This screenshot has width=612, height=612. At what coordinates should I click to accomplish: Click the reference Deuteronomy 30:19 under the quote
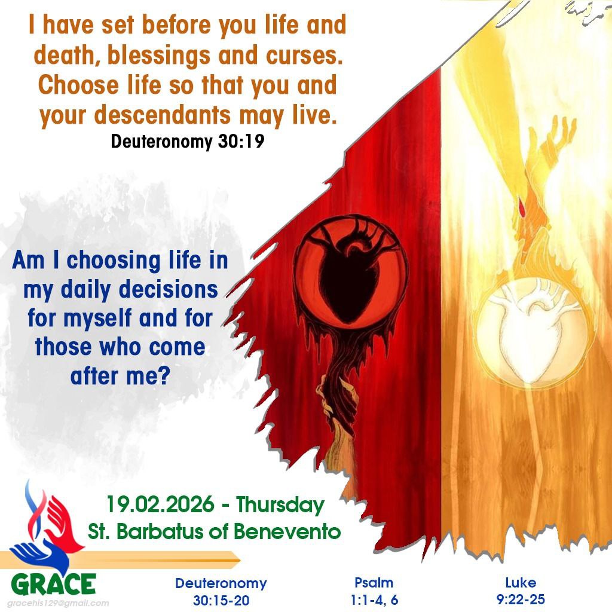click(187, 143)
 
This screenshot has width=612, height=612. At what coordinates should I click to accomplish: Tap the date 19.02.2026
click(160, 505)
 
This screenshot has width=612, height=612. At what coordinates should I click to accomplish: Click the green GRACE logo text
click(54, 584)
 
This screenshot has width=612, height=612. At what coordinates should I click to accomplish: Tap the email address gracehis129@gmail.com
click(58, 603)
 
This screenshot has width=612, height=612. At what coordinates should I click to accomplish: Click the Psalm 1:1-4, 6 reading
click(374, 590)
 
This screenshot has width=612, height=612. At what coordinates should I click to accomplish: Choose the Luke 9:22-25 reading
click(520, 590)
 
